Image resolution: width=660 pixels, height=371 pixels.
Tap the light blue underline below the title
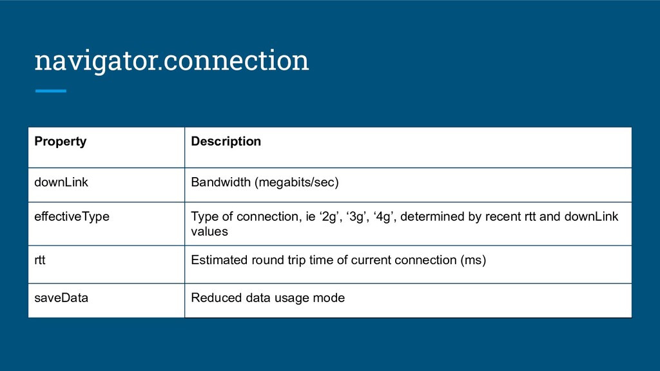[51, 91]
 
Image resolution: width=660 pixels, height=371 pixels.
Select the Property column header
[60, 141]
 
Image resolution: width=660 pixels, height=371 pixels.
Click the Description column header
[226, 141]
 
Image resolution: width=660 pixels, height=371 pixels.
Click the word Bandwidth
[220, 182]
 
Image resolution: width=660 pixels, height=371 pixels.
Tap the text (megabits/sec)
[296, 182]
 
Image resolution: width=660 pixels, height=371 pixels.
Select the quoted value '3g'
[355, 216]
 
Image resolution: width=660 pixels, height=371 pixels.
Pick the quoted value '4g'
[383, 216]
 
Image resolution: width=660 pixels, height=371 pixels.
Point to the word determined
[430, 216]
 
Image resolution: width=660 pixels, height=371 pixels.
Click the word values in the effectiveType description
[209, 231]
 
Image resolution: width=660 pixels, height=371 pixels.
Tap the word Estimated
[219, 260]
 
